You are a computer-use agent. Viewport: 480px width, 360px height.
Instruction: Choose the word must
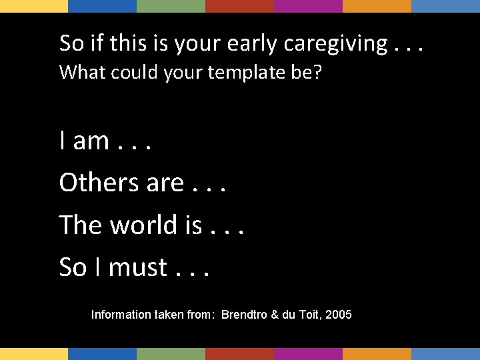pos(138,267)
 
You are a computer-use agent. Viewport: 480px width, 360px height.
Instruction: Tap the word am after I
pos(91,141)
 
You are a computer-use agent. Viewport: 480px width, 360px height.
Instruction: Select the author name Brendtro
pos(244,314)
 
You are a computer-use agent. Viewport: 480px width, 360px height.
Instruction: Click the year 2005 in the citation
pos(339,314)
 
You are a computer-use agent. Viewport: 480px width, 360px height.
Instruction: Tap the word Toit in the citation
pos(309,314)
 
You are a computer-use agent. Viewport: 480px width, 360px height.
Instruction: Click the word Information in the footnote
pos(120,314)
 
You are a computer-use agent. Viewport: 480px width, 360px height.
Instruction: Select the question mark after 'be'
pos(317,72)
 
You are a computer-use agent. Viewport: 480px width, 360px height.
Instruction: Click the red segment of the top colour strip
pos(239,6)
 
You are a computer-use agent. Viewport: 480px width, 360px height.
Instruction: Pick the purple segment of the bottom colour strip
pos(308,353)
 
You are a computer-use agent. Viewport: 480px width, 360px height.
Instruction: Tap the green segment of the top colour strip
pos(171,6)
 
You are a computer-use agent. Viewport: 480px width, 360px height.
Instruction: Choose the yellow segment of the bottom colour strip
pos(34,353)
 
